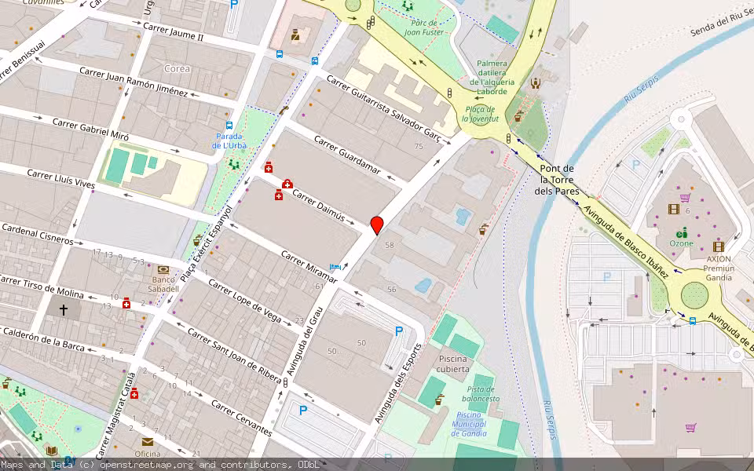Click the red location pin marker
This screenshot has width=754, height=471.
coord(377,225)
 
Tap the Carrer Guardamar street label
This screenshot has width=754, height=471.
coord(346,155)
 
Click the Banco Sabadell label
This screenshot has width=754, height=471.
coord(165,283)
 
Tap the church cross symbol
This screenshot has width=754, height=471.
coord(64,310)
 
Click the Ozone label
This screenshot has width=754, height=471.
coord(681,243)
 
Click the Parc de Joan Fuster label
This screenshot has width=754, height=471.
coord(425,28)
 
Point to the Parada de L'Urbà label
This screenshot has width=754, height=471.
coord(229,141)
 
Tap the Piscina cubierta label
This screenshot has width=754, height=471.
coord(454,363)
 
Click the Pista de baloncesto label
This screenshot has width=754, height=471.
coord(483,394)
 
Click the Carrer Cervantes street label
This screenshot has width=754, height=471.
coord(242,418)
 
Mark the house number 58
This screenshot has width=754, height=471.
coord(389,246)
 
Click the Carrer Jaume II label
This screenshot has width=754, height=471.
coord(174,32)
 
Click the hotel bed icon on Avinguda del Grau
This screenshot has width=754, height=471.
coord(336,268)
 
